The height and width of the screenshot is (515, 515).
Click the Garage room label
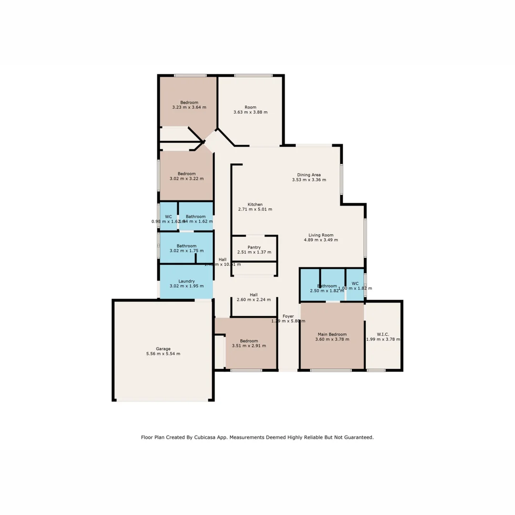(x=163, y=349)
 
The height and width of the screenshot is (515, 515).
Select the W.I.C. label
(x=383, y=334)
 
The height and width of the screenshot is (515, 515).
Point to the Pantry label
(x=254, y=247)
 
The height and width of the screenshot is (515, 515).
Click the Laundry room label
(x=186, y=281)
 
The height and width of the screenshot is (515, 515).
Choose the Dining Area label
(x=309, y=175)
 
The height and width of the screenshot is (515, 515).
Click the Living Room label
(x=320, y=235)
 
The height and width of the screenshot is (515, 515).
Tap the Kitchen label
(x=255, y=204)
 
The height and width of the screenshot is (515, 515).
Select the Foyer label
(x=288, y=316)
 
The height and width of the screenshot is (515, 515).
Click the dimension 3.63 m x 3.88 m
(x=250, y=113)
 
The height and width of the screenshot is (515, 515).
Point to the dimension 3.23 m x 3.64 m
(x=189, y=107)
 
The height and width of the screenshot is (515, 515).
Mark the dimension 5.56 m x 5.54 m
(x=163, y=354)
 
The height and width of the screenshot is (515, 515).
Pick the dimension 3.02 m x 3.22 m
(x=186, y=179)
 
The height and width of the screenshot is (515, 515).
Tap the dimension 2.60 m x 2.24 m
(x=254, y=300)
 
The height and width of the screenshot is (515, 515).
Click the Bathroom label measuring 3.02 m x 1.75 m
(x=186, y=246)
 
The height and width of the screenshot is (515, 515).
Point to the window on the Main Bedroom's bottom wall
(x=330, y=370)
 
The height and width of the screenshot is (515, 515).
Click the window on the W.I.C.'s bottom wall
(x=376, y=370)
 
